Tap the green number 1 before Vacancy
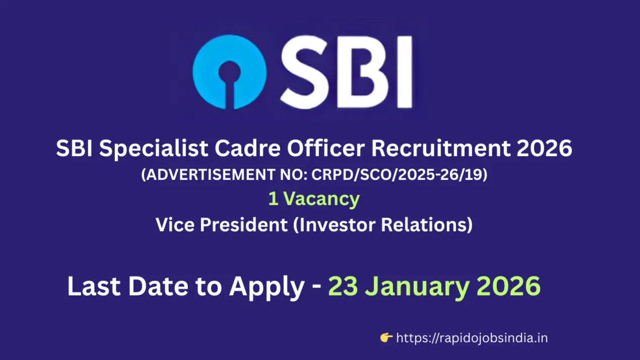pos(273,199)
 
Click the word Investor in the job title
pos(337,224)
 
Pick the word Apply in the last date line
pos(266,287)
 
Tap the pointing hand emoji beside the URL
pos(387,337)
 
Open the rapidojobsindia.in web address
pos(472,338)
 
